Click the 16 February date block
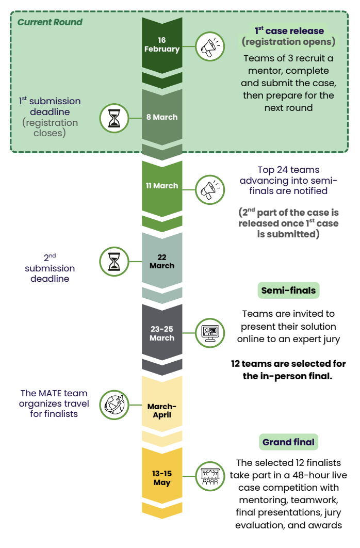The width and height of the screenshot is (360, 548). [x=162, y=45]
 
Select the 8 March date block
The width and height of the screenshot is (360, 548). [x=162, y=117]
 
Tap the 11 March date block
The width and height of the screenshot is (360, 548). [x=162, y=186]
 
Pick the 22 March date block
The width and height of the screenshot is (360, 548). [x=162, y=262]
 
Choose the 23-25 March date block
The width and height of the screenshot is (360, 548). [x=162, y=333]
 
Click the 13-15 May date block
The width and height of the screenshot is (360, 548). [x=162, y=478]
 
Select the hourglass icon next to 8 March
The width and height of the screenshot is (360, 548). [x=114, y=118]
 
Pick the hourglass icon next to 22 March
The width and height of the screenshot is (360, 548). [x=114, y=261]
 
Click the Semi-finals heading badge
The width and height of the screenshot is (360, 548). [x=288, y=291]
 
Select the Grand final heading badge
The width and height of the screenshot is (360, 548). [x=288, y=442]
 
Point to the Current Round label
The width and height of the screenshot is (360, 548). [x=50, y=22]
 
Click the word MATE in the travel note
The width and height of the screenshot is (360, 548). [x=50, y=394]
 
